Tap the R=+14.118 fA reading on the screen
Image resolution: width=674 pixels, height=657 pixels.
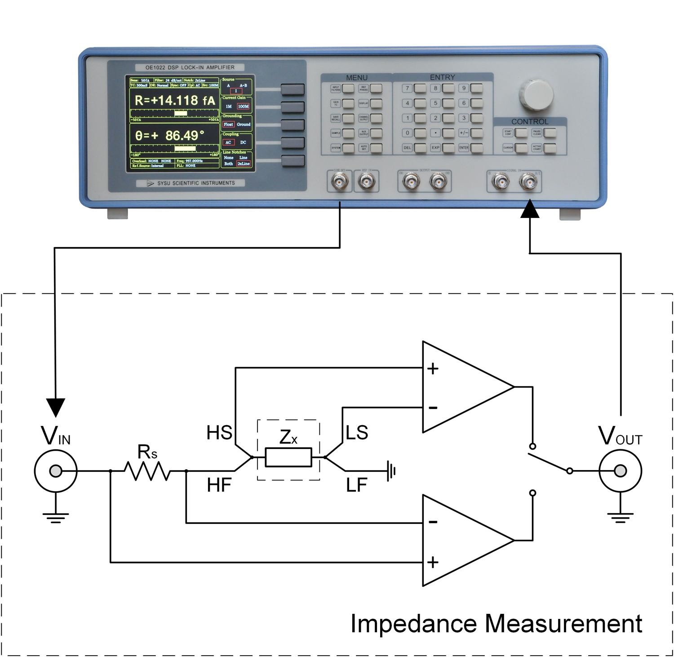[175, 101]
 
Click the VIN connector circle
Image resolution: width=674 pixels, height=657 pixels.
[56, 471]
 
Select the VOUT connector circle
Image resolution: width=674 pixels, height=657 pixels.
[620, 471]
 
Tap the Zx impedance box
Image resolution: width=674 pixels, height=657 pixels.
[288, 457]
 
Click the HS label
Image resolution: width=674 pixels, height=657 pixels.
[219, 433]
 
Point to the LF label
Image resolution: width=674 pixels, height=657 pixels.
[357, 485]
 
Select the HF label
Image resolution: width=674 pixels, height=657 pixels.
[219, 485]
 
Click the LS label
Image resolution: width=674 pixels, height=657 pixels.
[357, 433]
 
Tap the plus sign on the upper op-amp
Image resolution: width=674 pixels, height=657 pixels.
[433, 368]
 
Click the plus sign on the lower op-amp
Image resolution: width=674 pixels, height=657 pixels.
[433, 562]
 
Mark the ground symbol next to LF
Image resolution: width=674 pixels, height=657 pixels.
[391, 471]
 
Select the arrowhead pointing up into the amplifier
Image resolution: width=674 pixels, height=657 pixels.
[530, 209]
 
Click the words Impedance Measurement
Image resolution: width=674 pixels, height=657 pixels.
[496, 623]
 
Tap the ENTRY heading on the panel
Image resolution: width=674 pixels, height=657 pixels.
[442, 77]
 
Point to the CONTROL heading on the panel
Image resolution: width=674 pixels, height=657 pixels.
[530, 122]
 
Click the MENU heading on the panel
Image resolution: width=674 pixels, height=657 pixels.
[357, 78]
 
